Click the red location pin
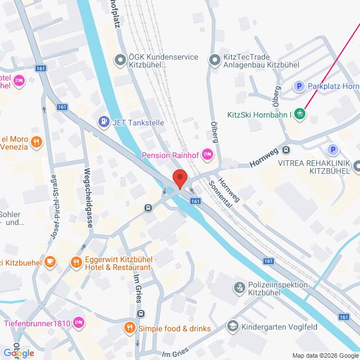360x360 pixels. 179,178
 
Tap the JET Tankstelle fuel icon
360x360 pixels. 103,121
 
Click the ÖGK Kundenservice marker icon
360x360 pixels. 119,60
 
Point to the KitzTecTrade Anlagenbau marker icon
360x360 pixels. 214,60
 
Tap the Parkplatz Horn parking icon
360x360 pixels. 300,86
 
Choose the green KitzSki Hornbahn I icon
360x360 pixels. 301,113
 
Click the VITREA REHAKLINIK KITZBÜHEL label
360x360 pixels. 317,166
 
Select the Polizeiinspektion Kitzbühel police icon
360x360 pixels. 239,288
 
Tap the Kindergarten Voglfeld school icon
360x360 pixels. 231,326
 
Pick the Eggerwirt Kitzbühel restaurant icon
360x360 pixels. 76,262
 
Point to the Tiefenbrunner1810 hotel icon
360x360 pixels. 79,322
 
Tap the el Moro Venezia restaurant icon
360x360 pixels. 37,141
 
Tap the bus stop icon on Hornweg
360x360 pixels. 286,150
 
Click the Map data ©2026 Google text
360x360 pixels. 325,354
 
